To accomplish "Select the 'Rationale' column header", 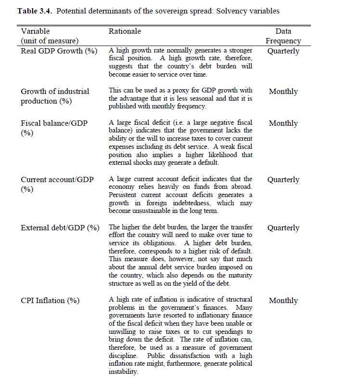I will [125, 31].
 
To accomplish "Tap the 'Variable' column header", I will [35, 31].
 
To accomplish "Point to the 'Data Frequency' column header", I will [283, 36].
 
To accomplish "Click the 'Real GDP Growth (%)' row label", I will [59, 51].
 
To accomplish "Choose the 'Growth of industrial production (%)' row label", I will [54, 96].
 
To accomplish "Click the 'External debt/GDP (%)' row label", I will [60, 228].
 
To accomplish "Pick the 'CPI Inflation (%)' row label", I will [50, 301].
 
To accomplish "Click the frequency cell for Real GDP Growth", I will [283, 51].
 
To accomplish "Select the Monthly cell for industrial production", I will [283, 92].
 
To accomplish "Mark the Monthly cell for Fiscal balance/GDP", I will [283, 123].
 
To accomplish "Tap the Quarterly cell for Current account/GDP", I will [283, 180].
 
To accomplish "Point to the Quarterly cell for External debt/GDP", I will [283, 228].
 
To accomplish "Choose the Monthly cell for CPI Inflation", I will [283, 301].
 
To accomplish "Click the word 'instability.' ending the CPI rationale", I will [123, 372].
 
